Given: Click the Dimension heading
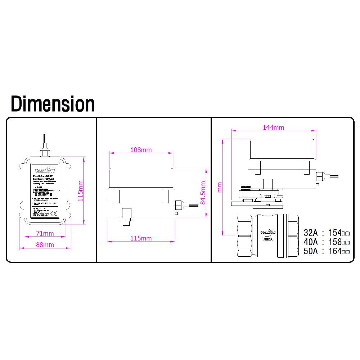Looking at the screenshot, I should (53, 104).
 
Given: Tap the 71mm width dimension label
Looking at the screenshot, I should (45, 234).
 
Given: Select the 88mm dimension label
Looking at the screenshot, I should (45, 245).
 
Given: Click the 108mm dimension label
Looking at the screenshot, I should (141, 150).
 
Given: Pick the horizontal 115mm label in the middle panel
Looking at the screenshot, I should (141, 238).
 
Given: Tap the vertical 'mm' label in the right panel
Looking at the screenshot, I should (220, 187).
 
